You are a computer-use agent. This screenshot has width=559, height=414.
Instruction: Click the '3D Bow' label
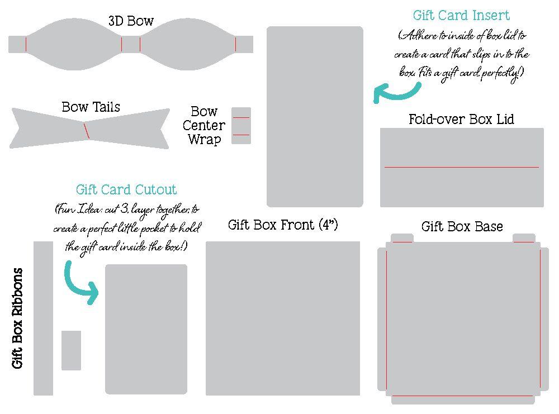tap(131, 21)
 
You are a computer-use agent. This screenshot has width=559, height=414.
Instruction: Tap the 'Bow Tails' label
tap(91, 107)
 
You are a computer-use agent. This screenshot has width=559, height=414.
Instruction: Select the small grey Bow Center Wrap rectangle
tap(241, 126)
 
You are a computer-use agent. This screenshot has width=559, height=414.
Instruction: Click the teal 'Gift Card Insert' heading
tap(461, 15)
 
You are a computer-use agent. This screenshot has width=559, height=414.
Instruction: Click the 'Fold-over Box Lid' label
tap(461, 119)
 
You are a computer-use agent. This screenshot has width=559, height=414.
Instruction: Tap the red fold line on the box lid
tap(461, 167)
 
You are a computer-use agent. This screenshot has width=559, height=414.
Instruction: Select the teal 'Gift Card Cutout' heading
tap(126, 189)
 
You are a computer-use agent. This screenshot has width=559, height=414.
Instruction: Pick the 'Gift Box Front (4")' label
tap(283, 225)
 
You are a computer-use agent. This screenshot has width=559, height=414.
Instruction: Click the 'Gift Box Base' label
tap(462, 226)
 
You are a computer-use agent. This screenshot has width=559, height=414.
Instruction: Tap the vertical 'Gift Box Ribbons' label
tap(18, 318)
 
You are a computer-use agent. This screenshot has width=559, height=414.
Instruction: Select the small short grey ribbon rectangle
tap(71, 350)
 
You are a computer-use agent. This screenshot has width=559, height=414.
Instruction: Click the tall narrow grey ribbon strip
tap(43, 318)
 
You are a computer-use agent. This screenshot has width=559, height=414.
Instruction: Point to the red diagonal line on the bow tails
tap(87, 131)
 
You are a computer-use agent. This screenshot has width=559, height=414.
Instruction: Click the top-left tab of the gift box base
tap(402, 237)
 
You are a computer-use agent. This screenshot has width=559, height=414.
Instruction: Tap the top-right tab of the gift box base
tap(524, 237)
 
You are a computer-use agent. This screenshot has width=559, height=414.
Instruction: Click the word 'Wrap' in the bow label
tap(204, 140)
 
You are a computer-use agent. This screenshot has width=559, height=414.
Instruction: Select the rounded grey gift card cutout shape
tap(146, 330)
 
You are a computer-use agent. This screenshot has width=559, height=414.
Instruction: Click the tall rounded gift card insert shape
tap(315, 116)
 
